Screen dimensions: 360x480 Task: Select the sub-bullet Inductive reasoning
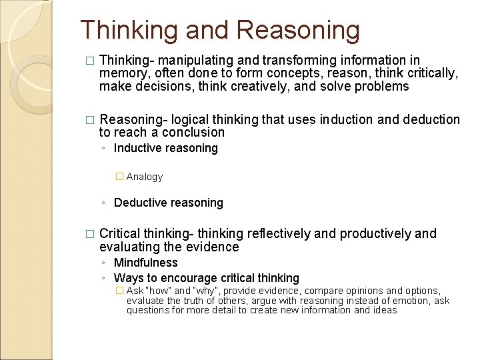pyautogui.click(x=165, y=148)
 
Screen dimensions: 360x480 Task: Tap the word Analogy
pyautogui.click(x=144, y=177)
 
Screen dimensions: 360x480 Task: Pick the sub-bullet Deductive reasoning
pyautogui.click(x=168, y=203)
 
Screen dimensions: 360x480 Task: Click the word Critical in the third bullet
pyautogui.click(x=121, y=234)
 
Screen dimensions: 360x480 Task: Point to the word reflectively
pyautogui.click(x=279, y=234)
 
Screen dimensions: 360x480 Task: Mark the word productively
pyautogui.click(x=375, y=234)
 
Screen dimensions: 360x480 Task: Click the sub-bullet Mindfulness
pyautogui.click(x=146, y=263)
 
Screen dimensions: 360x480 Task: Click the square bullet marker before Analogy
pyautogui.click(x=119, y=177)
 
